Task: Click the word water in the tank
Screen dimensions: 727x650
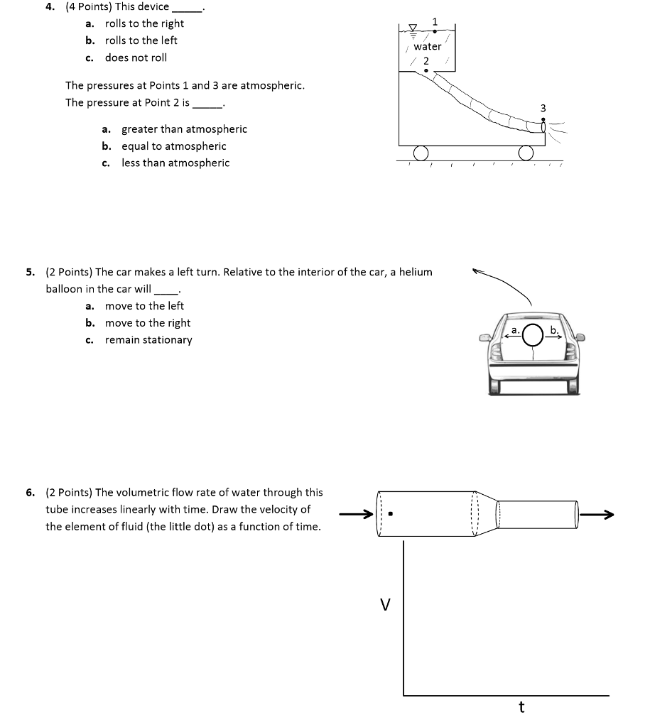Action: coord(427,46)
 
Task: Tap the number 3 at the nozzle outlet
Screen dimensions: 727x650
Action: coord(543,108)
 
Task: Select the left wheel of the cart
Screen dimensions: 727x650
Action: coord(421,153)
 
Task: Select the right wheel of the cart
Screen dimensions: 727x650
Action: coord(526,153)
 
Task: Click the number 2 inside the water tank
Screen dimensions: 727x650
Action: coord(426,61)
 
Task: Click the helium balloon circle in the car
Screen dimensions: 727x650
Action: coord(533,336)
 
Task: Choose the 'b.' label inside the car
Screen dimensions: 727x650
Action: coord(554,330)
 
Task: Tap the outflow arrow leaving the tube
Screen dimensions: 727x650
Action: coord(597,515)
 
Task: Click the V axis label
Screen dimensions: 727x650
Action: coord(385,605)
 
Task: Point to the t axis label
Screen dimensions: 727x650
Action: coord(521,707)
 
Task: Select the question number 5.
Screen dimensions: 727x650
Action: coord(30,272)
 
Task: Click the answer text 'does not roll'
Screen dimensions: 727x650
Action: coord(136,58)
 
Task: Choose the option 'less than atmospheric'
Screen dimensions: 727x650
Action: coord(175,163)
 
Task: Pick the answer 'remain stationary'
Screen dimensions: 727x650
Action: coord(148,340)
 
